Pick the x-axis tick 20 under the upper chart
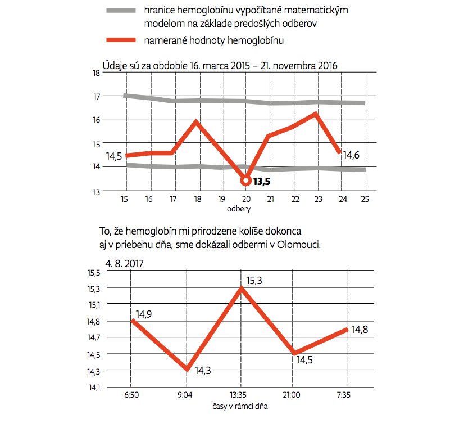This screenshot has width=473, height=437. tap(245, 199)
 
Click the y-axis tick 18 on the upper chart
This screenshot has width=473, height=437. tap(96, 73)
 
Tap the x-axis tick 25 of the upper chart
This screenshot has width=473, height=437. tap(365, 199)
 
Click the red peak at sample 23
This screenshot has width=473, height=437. tap(316, 114)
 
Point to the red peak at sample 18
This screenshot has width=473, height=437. tap(196, 121)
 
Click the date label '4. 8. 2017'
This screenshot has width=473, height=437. tap(123, 263)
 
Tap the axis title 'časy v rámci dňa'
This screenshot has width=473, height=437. tap(239, 406)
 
